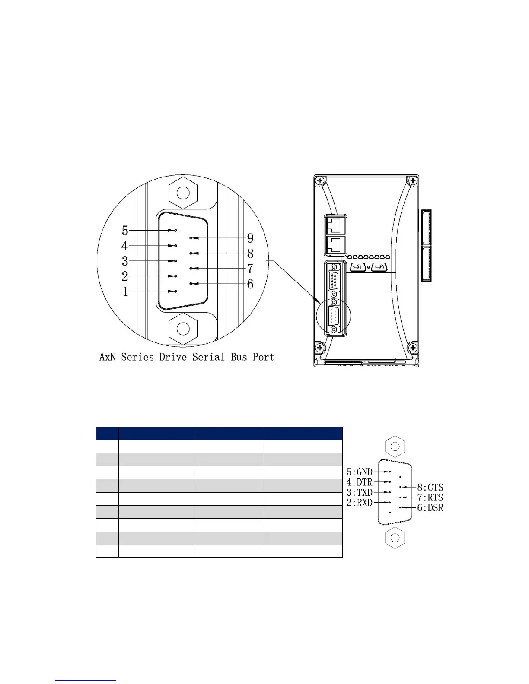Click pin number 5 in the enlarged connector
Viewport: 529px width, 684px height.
[x=176, y=231]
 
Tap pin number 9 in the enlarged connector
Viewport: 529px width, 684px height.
[x=191, y=238]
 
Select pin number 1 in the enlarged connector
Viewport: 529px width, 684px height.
[x=176, y=291]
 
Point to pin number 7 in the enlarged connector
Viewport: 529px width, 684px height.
[x=191, y=269]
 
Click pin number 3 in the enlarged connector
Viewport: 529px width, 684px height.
[x=176, y=261]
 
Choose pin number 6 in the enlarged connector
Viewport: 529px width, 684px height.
[x=191, y=284]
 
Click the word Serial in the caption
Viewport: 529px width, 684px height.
[x=208, y=357]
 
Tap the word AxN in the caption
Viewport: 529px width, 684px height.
[x=108, y=357]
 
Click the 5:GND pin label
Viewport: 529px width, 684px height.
[x=360, y=472]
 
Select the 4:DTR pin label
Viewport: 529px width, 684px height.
[x=360, y=482]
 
